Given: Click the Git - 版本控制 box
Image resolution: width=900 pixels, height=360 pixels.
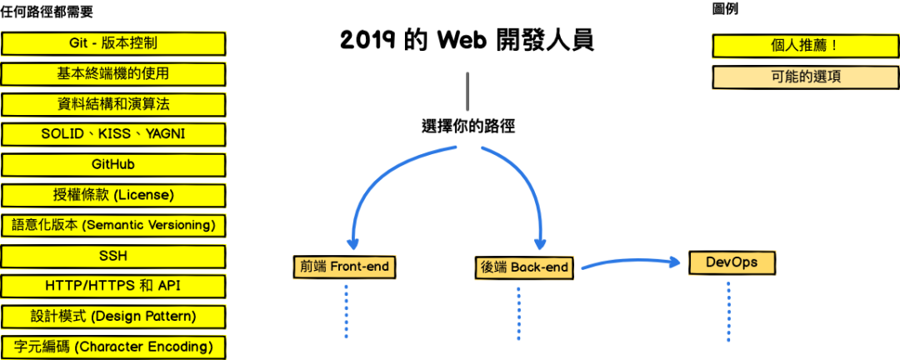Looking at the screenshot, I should point(113,43).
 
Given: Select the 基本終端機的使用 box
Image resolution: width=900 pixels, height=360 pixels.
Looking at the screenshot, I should point(113,74).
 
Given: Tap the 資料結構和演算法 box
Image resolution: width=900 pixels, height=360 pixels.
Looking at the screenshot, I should point(113,104).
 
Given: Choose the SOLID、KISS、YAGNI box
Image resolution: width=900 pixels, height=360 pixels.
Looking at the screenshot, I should point(113,134).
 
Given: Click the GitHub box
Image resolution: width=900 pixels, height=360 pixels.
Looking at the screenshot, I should point(113,165).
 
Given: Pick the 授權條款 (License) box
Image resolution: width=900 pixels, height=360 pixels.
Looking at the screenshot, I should point(113,195).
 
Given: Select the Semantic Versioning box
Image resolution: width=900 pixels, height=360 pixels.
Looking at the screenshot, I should point(113,225).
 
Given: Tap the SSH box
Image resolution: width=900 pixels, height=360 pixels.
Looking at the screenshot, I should point(113,256).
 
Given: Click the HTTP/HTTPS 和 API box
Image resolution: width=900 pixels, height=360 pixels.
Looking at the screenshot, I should point(113,286).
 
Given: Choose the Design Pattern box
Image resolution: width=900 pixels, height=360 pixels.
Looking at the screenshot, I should point(113,317).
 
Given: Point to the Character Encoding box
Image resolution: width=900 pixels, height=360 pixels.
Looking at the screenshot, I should point(113,347).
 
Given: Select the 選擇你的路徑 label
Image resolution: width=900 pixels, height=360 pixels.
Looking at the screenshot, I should point(468,127).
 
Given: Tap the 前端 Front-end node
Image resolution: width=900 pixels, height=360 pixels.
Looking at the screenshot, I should point(346,267).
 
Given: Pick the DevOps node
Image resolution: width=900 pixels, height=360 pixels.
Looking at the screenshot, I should point(731,262).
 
